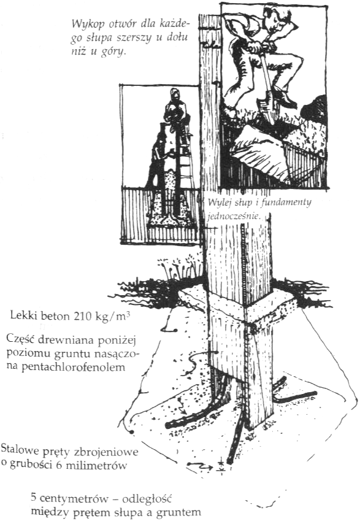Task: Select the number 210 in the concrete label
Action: [x=80, y=315]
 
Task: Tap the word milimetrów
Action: [x=97, y=465]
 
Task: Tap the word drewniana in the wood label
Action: [x=69, y=339]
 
